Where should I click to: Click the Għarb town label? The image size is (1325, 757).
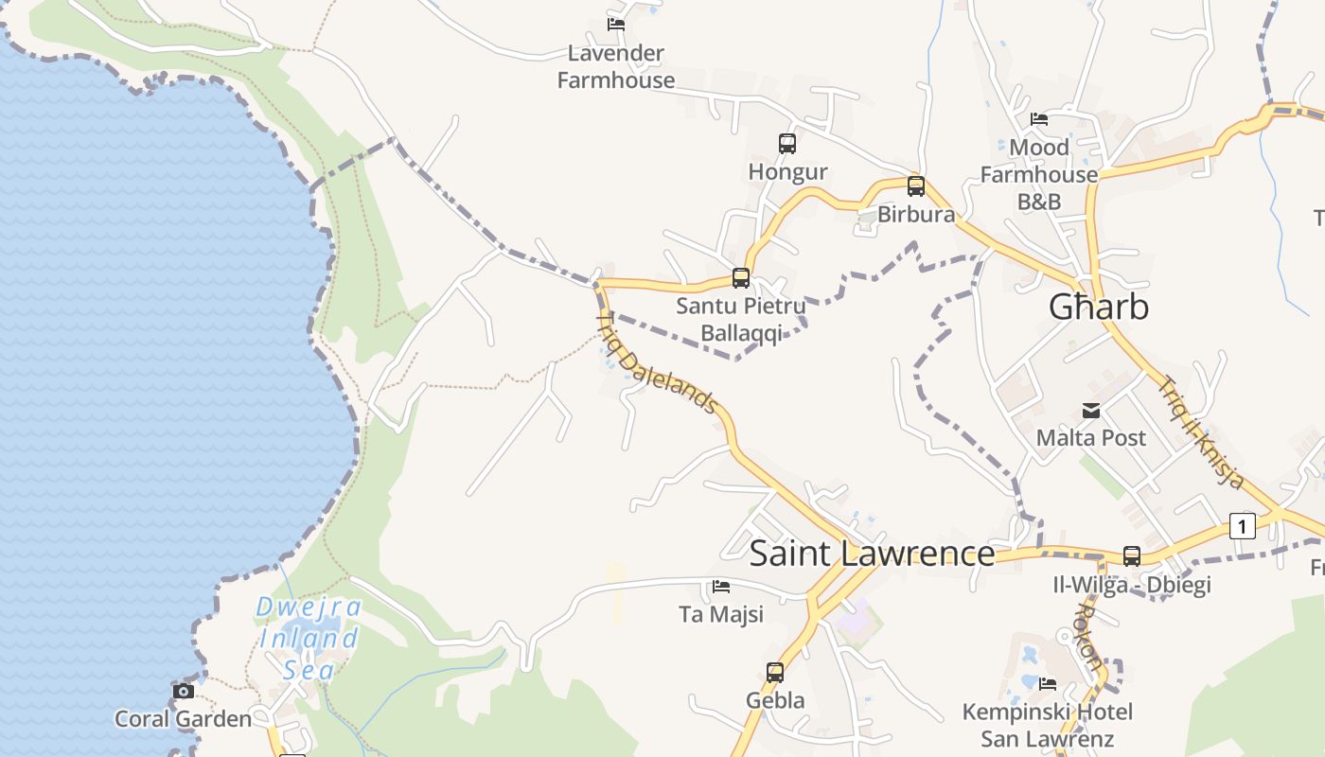pyautogui.click(x=1099, y=307)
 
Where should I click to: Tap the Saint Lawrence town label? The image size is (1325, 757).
pyautogui.click(x=872, y=554)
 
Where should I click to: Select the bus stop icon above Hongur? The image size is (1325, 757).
pyautogui.click(x=787, y=144)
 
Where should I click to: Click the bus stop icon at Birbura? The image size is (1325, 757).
pyautogui.click(x=916, y=186)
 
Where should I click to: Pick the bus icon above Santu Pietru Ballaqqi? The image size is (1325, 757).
pyautogui.click(x=741, y=278)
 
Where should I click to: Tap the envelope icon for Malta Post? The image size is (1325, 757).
pyautogui.click(x=1091, y=411)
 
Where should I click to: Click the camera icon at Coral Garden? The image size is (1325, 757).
pyautogui.click(x=184, y=692)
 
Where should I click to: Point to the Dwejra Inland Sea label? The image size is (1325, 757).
pyautogui.click(x=309, y=639)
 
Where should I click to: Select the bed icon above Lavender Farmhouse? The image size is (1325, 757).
pyautogui.click(x=616, y=25)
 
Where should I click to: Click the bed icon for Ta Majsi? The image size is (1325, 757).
pyautogui.click(x=721, y=587)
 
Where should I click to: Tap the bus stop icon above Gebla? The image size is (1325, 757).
pyautogui.click(x=775, y=673)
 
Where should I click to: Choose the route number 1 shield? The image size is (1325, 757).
pyautogui.click(x=1242, y=525)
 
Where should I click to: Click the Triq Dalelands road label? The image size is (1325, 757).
pyautogui.click(x=657, y=363)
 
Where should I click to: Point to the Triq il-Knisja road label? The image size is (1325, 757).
pyautogui.click(x=1201, y=431)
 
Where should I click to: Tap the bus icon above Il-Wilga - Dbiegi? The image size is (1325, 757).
pyautogui.click(x=1132, y=556)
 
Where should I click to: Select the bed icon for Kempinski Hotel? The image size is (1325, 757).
pyautogui.click(x=1048, y=683)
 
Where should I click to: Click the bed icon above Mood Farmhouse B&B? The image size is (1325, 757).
pyautogui.click(x=1039, y=119)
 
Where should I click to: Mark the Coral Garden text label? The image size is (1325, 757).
pyautogui.click(x=184, y=719)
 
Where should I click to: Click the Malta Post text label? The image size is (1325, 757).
pyautogui.click(x=1091, y=438)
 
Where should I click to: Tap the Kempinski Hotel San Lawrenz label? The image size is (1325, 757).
pyautogui.click(x=1048, y=725)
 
